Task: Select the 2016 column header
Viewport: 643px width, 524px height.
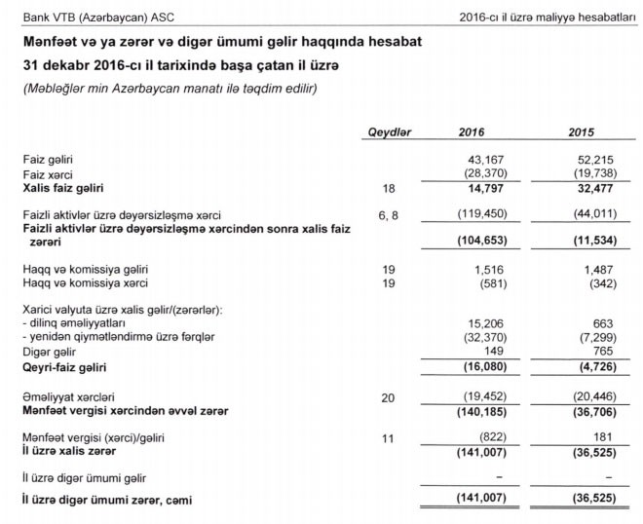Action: (472, 132)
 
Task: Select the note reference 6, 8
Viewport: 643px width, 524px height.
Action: (388, 214)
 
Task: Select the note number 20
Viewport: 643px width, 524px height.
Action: (388, 397)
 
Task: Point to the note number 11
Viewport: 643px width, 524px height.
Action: (388, 439)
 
